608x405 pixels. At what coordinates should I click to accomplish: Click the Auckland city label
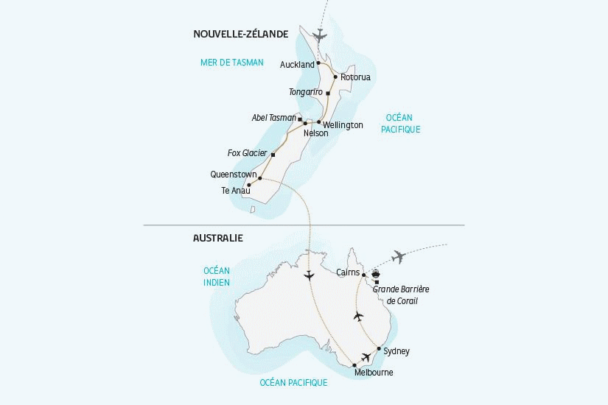(x=297, y=65)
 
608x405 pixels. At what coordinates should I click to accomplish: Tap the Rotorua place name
(x=355, y=77)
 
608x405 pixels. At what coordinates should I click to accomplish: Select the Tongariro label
(x=307, y=91)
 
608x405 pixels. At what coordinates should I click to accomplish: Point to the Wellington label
(x=343, y=125)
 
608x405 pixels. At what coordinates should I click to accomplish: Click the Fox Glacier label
(x=247, y=153)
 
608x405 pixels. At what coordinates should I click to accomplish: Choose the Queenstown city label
(x=233, y=175)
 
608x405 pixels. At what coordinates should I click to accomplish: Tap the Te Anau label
(x=236, y=191)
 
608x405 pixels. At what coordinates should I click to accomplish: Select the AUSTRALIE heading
(x=217, y=239)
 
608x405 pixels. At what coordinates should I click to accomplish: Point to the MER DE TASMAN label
(x=231, y=63)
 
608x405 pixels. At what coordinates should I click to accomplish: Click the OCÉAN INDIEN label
(x=217, y=276)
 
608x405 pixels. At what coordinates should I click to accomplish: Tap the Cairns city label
(x=348, y=272)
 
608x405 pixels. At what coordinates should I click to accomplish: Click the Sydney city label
(x=396, y=351)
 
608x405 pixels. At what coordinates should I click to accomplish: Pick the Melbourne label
(x=374, y=373)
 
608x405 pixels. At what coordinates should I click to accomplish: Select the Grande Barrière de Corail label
(x=401, y=295)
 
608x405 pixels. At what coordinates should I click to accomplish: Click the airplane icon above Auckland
(x=320, y=35)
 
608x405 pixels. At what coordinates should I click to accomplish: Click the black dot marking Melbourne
(x=354, y=365)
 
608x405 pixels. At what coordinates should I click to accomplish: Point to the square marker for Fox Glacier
(x=273, y=155)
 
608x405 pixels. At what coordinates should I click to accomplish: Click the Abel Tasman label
(x=274, y=117)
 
